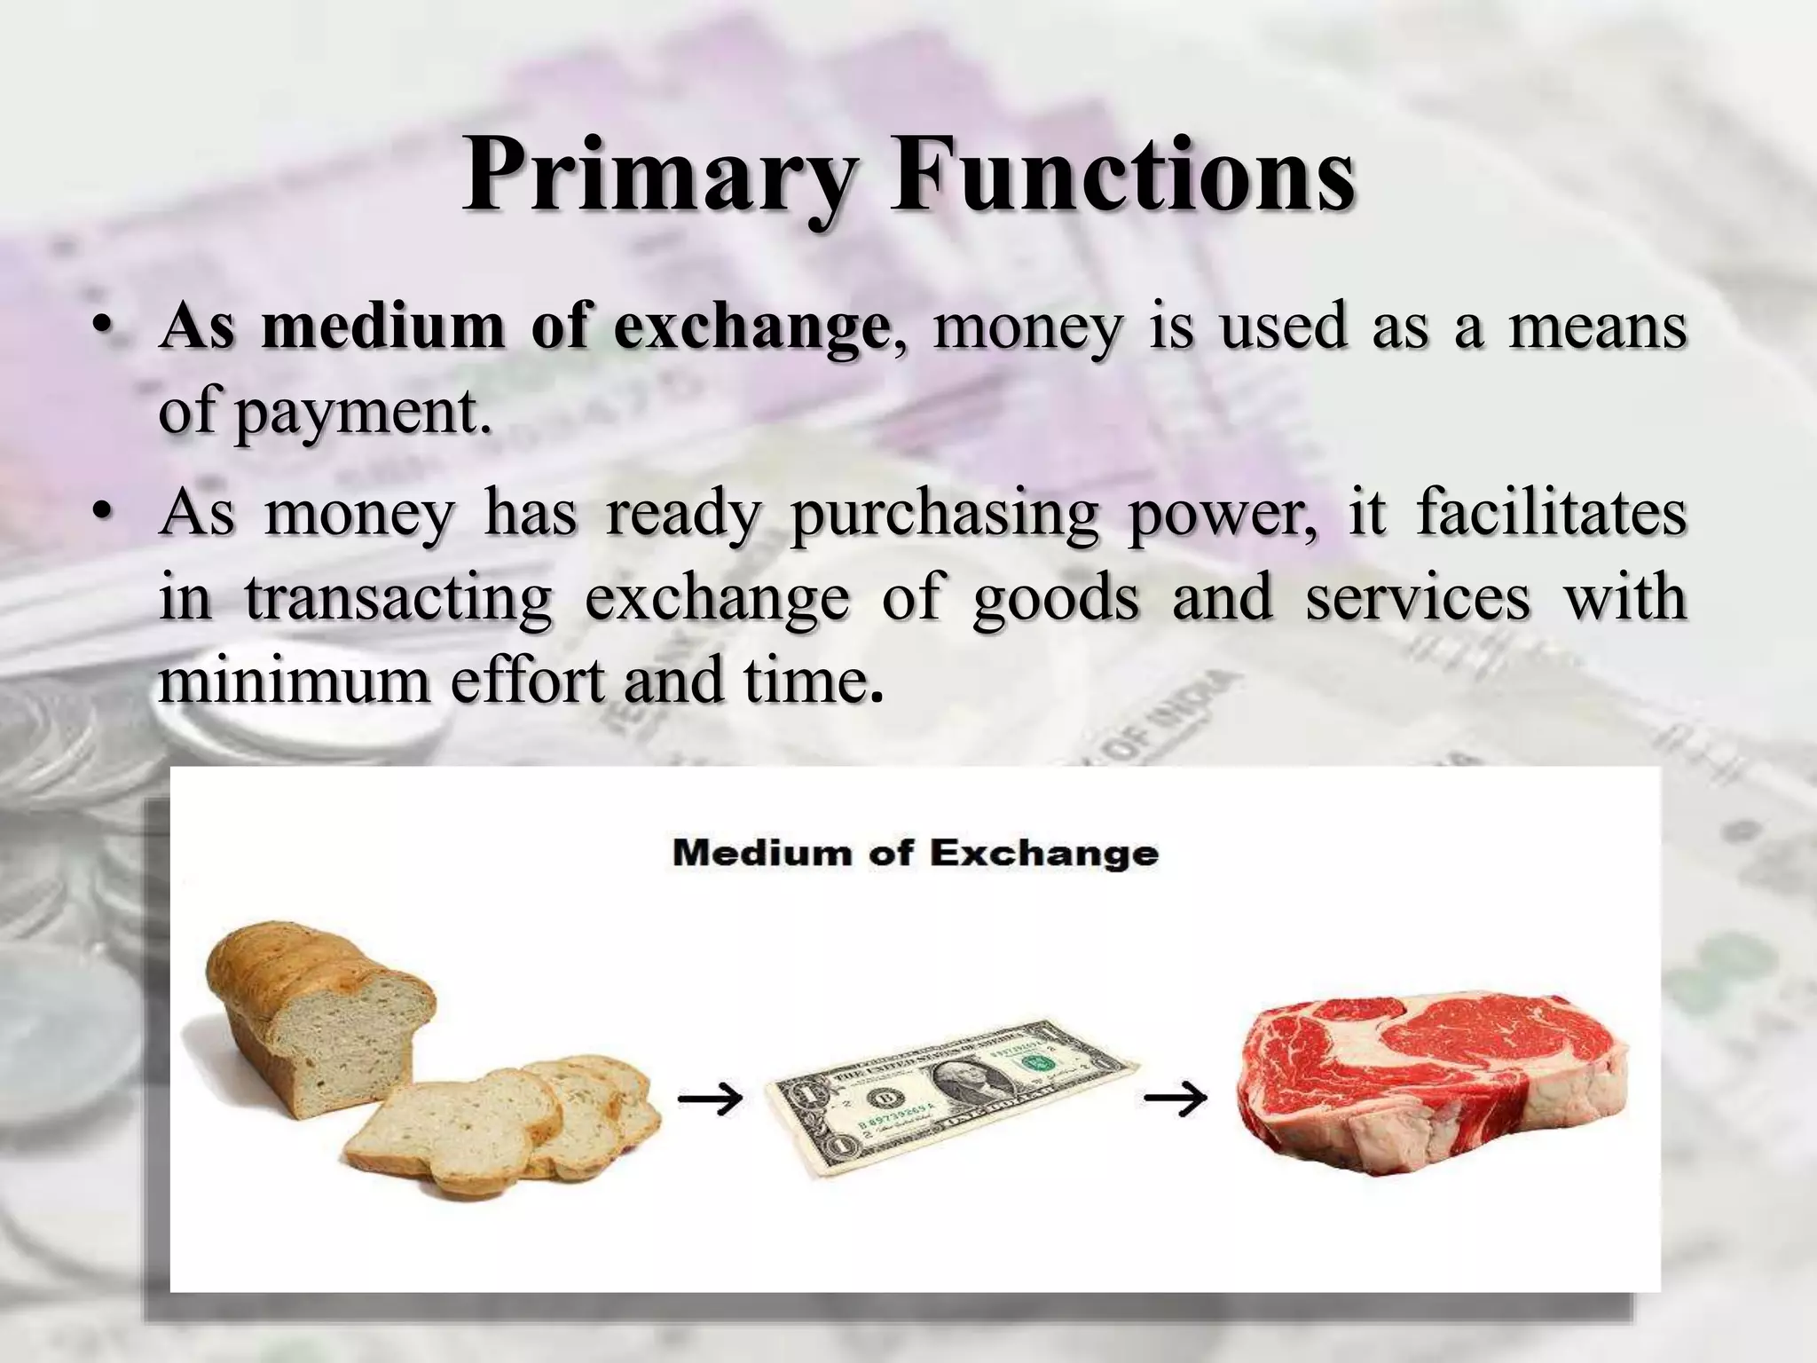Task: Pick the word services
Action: (1417, 598)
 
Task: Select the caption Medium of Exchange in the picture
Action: (915, 854)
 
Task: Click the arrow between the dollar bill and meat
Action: (1175, 1099)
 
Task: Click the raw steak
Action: (1436, 1088)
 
